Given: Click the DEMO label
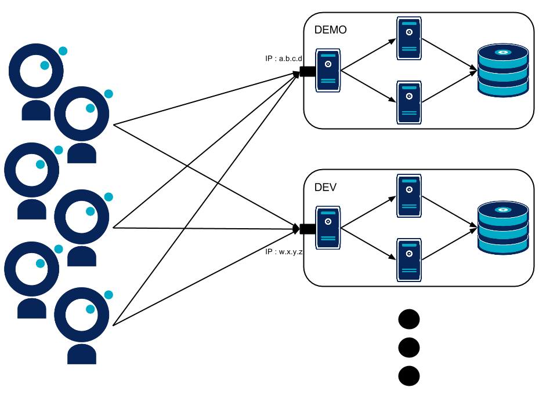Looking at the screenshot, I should (x=330, y=30).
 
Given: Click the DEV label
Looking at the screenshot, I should (x=325, y=188).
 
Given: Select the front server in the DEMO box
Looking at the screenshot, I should (x=328, y=71).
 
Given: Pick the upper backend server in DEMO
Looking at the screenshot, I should (x=409, y=38).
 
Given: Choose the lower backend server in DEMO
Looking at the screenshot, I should (x=409, y=103).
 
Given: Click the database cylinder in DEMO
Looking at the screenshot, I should (x=503, y=70).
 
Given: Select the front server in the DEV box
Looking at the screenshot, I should (x=328, y=228).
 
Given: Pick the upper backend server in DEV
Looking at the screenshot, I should (x=409, y=196).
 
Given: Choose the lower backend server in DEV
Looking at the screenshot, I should (x=409, y=260).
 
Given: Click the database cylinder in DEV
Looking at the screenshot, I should (x=503, y=228).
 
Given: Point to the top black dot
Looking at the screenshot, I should (x=409, y=319).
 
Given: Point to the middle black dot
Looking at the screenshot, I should (x=409, y=348).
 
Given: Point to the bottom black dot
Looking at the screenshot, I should (x=409, y=376).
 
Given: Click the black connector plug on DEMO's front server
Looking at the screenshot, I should (x=306, y=72).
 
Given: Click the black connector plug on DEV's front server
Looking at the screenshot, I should (x=306, y=229).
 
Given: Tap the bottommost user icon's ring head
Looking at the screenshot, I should (x=82, y=314).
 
